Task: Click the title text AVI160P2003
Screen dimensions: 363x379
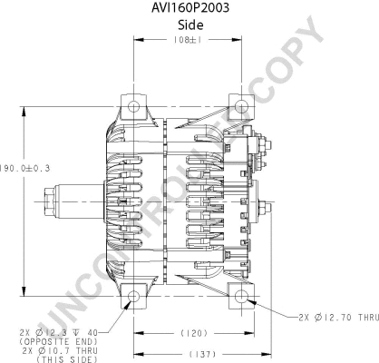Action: pos(189,8)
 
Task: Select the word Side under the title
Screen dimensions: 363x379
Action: pos(189,25)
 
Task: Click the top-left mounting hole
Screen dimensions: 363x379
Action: pos(134,108)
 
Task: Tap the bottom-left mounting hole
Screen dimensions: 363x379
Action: pos(134,297)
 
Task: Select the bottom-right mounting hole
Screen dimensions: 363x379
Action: pos(243,297)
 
